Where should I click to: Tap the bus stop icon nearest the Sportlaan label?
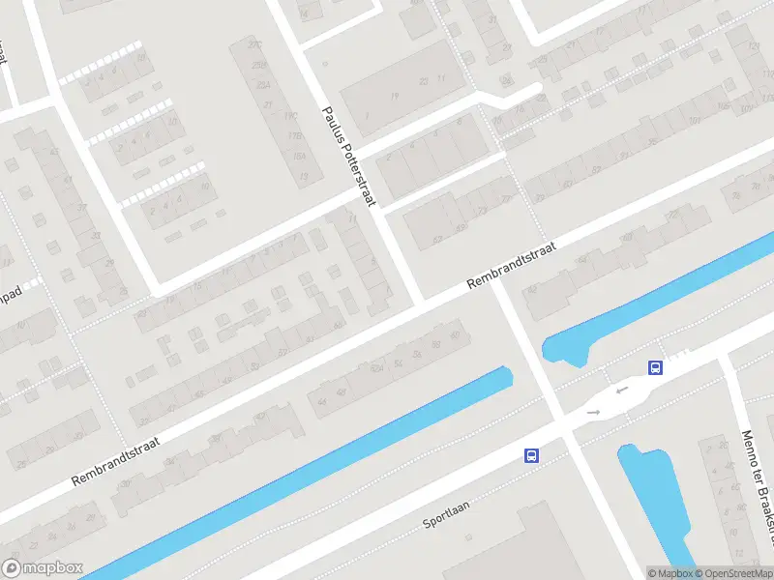(x=530, y=455)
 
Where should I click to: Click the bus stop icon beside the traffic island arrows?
(x=655, y=367)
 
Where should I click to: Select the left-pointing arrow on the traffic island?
(x=620, y=391)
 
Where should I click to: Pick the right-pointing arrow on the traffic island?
(x=593, y=413)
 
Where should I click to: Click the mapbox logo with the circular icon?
(x=44, y=568)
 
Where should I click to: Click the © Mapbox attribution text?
(x=670, y=573)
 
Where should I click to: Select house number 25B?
(x=259, y=65)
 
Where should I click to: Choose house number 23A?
(x=263, y=84)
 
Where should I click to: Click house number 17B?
(x=295, y=135)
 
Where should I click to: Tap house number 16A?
(x=300, y=156)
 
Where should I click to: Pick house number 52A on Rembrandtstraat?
(x=377, y=369)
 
